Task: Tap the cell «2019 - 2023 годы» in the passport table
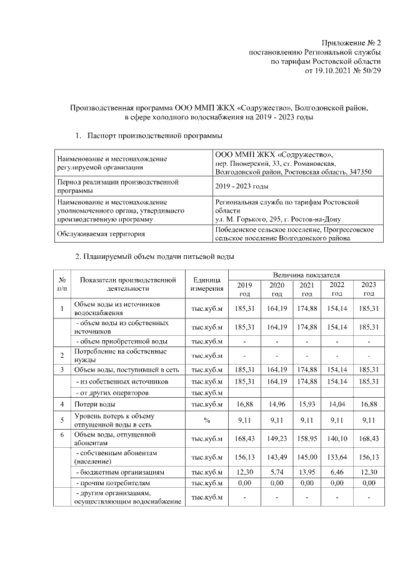(x=242, y=186)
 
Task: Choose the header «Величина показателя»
(x=306, y=275)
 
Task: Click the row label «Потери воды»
(x=93, y=405)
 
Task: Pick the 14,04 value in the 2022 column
(x=337, y=405)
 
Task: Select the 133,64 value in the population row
(x=337, y=455)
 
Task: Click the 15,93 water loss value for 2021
(x=306, y=405)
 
